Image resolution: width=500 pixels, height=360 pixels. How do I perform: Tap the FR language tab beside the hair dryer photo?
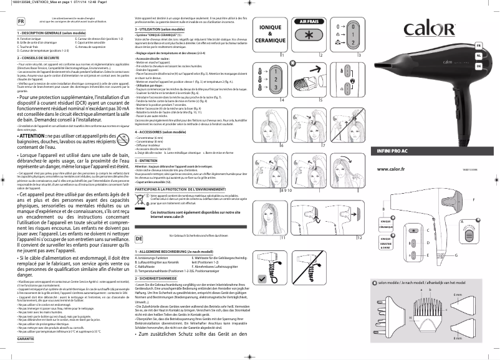click(478, 46)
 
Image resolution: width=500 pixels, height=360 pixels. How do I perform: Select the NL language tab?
click(478, 55)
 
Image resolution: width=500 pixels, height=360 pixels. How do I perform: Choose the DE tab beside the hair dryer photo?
click(478, 65)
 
